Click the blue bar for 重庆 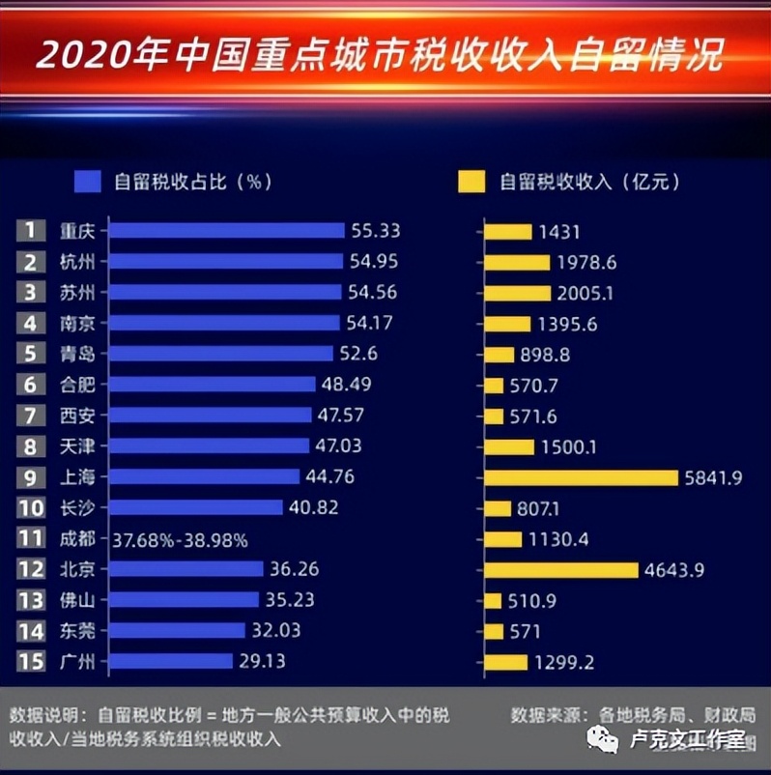point(226,230)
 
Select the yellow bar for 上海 point(581,477)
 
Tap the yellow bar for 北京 point(561,570)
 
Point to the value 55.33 point(376,231)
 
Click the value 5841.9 point(716,477)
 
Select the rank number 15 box point(31,662)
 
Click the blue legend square point(88,181)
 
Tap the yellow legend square point(471,181)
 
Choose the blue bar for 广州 point(171,662)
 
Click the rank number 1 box point(31,230)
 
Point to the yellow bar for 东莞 point(494,631)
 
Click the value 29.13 point(264,662)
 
